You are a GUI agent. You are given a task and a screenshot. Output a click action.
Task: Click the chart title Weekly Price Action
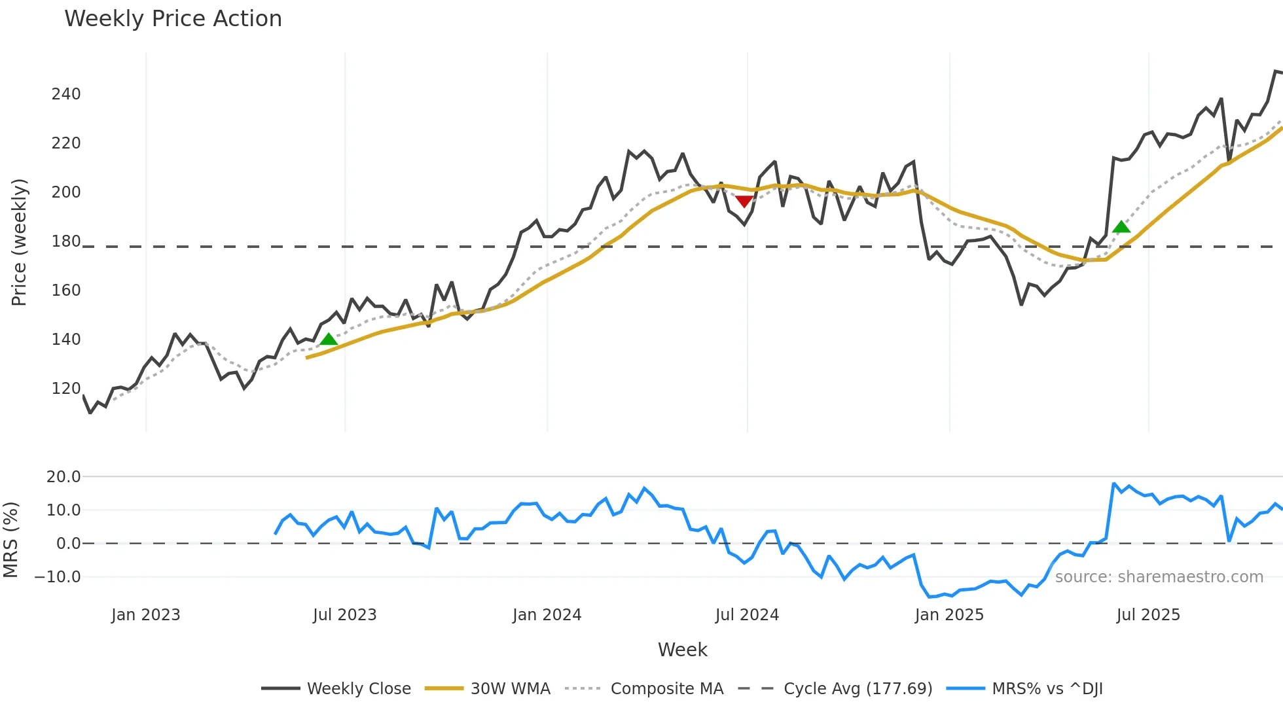(173, 19)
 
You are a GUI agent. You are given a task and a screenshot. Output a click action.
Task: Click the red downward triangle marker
(744, 201)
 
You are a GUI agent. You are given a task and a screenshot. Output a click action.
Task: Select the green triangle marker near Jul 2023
(329, 339)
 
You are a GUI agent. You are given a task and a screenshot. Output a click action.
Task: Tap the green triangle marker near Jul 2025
(1121, 227)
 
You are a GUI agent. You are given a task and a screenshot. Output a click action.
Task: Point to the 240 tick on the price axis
(66, 94)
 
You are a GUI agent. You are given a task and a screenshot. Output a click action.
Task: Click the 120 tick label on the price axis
(66, 389)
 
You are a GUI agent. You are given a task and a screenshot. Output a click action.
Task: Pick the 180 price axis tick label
(66, 241)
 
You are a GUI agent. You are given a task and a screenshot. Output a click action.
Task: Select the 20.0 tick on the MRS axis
(63, 477)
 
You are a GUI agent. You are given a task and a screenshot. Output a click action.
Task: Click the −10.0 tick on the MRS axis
(58, 577)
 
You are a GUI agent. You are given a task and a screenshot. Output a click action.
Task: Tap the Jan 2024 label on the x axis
(547, 615)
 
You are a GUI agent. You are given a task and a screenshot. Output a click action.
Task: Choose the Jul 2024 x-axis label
(747, 615)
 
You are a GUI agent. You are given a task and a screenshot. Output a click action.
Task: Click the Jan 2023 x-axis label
(145, 615)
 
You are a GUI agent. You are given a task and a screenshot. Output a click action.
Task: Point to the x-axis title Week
(682, 650)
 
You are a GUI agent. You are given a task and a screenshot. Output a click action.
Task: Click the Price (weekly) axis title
(20, 242)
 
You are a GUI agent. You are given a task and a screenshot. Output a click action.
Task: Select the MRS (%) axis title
(11, 540)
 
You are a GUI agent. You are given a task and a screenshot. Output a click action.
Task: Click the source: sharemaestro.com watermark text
(1159, 577)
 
